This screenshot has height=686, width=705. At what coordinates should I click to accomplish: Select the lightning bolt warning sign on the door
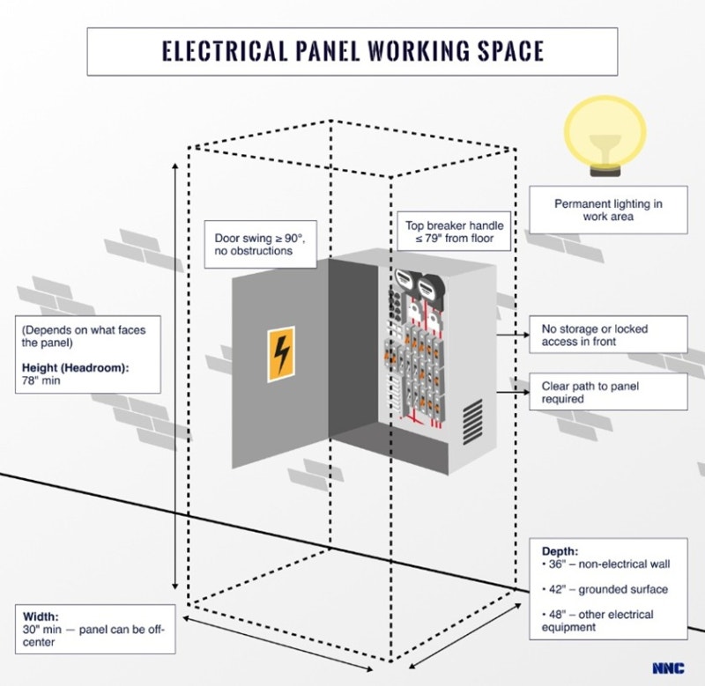point(281,354)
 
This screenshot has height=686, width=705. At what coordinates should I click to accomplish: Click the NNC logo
point(667,668)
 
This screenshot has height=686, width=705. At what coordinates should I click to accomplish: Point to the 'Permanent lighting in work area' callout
point(608,210)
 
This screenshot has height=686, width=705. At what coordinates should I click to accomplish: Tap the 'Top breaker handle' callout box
point(449,232)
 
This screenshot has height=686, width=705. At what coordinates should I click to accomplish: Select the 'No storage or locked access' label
point(608,335)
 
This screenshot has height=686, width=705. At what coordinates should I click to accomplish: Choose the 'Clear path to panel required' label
point(608,393)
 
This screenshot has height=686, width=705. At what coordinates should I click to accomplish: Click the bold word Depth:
point(560,551)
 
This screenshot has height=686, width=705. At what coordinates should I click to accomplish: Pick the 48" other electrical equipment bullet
point(598,621)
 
